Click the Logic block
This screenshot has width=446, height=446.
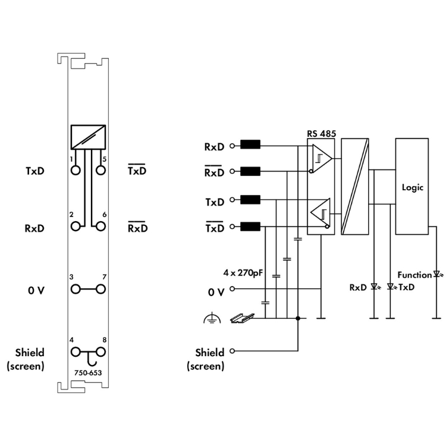pos(412,187)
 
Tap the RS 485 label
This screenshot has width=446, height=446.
pos(322,134)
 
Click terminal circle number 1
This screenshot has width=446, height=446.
pos(76,171)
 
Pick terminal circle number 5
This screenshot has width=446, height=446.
pos(100,171)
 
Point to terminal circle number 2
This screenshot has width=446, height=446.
pos(76,226)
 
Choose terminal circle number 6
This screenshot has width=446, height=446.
pos(100,226)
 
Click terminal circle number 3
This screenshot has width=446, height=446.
pos(76,289)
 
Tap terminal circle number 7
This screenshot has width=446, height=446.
pos(100,289)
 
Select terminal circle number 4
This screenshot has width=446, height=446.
pos(76,352)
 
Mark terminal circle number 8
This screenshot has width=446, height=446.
pos(100,352)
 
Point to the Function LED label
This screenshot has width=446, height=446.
pos(414,275)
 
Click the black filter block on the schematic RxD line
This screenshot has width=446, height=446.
pos(250,145)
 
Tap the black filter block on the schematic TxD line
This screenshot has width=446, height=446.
pos(250,200)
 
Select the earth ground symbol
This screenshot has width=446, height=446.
pos(209,319)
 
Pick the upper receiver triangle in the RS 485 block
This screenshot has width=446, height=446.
pos(321,159)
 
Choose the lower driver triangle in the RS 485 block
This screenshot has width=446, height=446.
pos(321,213)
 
